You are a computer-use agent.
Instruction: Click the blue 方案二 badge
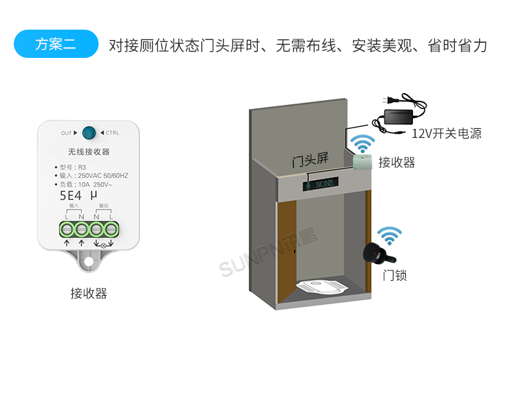click(56, 45)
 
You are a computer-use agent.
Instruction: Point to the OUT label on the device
click(67, 133)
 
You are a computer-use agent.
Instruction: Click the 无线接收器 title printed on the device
click(89, 152)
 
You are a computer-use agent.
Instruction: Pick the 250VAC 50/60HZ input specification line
click(93, 176)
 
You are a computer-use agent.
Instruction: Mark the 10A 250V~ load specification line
click(86, 185)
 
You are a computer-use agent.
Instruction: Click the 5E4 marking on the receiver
click(71, 195)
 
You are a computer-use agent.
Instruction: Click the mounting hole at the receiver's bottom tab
click(88, 262)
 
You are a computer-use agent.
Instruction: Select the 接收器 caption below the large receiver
click(89, 294)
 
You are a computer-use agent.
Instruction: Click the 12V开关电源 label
click(447, 134)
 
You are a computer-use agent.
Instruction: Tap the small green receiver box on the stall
click(363, 162)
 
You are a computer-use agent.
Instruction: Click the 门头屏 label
click(310, 161)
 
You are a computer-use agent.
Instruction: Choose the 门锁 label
click(395, 275)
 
